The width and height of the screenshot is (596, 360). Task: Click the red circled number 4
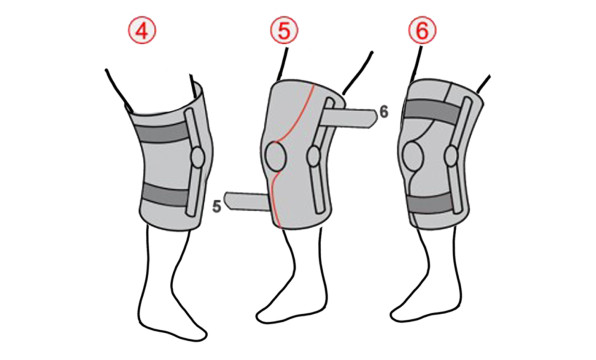pos(142,31)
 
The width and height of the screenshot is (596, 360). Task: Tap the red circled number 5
pos(284,30)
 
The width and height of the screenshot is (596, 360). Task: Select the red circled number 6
pos(422,30)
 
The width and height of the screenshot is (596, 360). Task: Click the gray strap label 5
pos(216,206)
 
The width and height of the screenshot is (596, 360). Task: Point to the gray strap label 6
pos(384,113)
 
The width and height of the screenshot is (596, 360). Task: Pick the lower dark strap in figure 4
pos(165,195)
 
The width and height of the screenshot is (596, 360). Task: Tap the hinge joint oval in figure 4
pos(198,157)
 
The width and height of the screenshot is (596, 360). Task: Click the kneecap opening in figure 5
pos(275,156)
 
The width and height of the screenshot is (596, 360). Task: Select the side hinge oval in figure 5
pos(314,156)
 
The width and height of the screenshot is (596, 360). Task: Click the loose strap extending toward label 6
pos(349,118)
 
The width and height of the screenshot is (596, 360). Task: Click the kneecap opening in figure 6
pos(413,157)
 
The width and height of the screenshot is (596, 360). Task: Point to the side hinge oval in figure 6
pos(452,156)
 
